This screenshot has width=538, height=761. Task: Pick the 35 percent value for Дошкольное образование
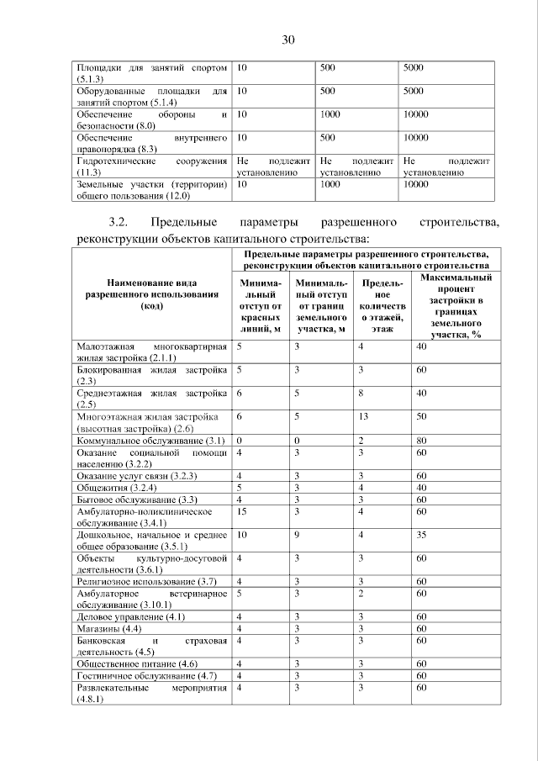click(421, 534)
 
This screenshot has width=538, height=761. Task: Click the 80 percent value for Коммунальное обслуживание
click(421, 440)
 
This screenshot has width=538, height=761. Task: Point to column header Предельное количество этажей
click(382, 306)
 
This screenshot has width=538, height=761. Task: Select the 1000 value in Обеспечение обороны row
click(330, 114)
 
